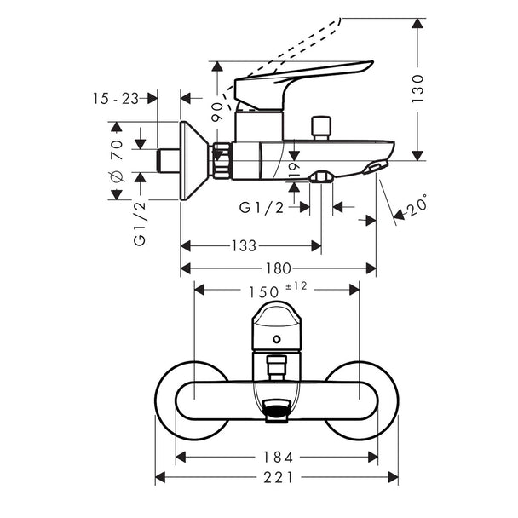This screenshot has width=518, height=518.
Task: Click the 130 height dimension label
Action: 418,89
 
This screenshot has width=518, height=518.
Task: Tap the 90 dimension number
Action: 217,112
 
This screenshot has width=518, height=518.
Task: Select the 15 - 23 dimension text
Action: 116,99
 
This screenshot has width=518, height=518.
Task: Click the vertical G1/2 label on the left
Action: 140,224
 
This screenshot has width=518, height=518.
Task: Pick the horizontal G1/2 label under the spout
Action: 262,208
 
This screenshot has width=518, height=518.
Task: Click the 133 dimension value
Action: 244,245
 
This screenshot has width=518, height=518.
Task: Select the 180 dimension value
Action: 279,268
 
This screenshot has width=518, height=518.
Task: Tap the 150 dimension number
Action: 263,292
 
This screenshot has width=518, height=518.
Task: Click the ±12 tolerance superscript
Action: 296,285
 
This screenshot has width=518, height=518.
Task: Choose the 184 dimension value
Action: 278,458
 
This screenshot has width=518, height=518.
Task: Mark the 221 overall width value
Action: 278,477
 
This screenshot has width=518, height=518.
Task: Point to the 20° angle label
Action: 416,206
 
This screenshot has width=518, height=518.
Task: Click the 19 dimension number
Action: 294,170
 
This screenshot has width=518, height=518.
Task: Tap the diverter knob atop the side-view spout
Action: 321,128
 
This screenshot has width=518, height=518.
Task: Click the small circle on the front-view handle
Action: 277,339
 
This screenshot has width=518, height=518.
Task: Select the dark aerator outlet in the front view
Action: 276,411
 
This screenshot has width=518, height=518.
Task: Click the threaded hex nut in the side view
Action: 222,160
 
